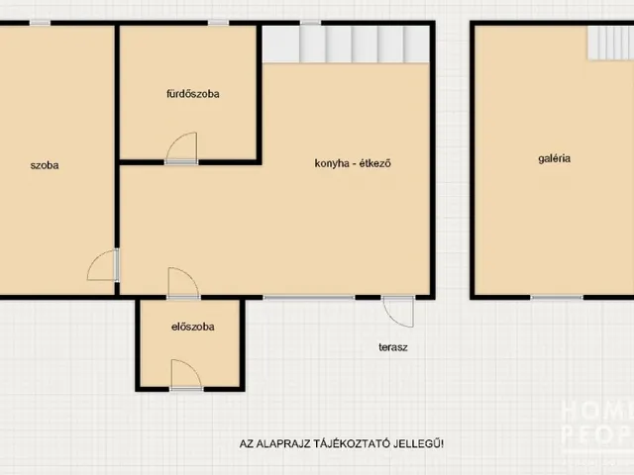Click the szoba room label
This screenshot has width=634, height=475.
(45, 165)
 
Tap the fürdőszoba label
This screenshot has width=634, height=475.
(193, 94)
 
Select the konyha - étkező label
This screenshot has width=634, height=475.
(353, 163)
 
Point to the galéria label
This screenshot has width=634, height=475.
(555, 158)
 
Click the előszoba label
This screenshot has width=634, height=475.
(193, 327)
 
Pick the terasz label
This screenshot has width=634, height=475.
(393, 347)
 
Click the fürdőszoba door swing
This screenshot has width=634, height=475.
(182, 147)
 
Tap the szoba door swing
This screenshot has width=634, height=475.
(103, 265)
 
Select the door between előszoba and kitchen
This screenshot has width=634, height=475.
(183, 283)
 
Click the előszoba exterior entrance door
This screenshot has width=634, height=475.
(186, 375)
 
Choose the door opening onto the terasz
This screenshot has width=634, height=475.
(398, 312)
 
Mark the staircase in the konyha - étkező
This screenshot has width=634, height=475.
(346, 44)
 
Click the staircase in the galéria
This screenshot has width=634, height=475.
(610, 44)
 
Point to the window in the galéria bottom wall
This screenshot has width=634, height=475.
(557, 298)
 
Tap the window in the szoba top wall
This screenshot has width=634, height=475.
(40, 23)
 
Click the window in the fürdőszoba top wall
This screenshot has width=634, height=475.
(218, 23)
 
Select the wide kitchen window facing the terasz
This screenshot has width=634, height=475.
(309, 298)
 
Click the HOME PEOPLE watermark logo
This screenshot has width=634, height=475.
(597, 425)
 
